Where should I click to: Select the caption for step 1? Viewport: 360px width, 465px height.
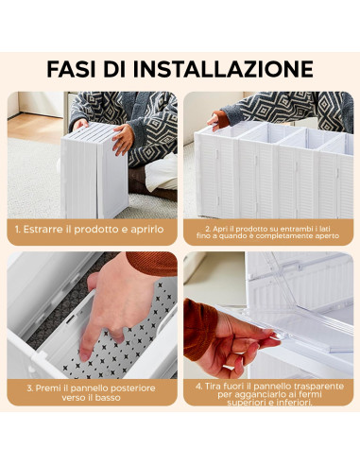(x=91, y=229)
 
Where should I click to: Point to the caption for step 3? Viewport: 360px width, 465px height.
(x=91, y=392)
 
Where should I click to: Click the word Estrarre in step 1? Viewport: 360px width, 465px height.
(x=48, y=229)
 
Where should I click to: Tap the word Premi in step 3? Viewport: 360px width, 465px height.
(x=56, y=387)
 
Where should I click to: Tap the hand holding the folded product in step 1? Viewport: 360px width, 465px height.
(x=122, y=139)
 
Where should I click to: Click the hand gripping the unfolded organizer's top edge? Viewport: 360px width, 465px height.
(x=219, y=120)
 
